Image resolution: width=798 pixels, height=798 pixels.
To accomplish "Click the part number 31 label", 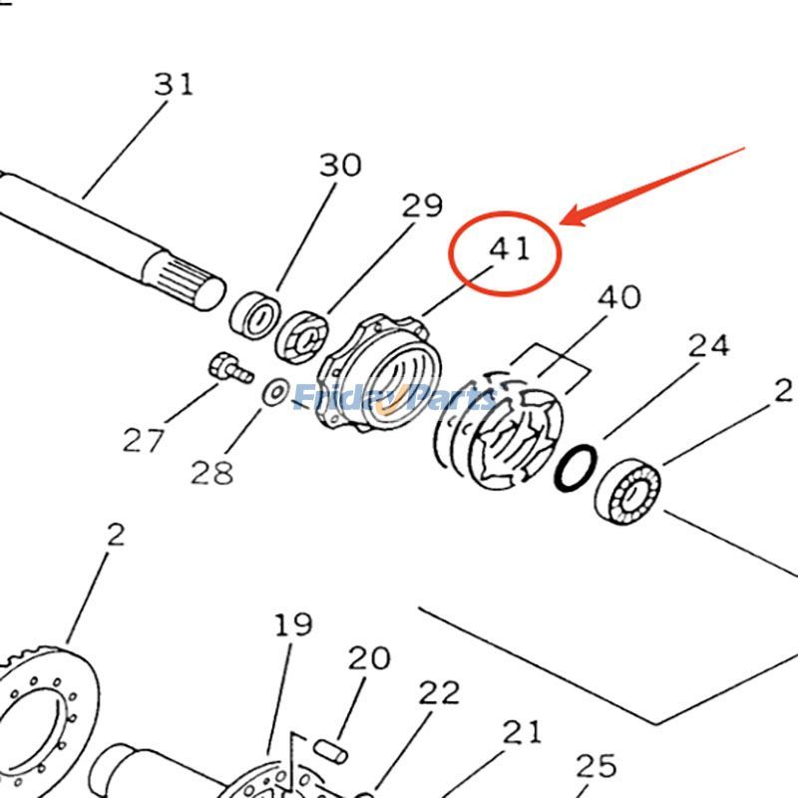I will point(174,84).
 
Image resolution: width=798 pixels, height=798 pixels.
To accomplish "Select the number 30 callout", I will point(339,165).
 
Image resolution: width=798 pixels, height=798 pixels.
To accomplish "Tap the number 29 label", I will point(421,206).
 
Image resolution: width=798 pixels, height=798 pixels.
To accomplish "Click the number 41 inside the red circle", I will point(510,248).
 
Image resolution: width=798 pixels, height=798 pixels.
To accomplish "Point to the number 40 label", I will point(618,297).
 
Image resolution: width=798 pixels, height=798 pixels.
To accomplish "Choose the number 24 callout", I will point(708,346).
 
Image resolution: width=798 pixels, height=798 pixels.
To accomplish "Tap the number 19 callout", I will point(293,625).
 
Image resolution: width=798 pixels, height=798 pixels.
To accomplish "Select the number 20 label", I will point(369,658).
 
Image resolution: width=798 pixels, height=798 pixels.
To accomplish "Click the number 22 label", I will point(439,692).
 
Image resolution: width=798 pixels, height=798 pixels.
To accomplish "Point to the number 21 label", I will point(521,732).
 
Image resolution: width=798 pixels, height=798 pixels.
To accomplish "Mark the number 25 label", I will point(597,766).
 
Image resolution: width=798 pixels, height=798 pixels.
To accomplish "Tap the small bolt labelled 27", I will point(227,368).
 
